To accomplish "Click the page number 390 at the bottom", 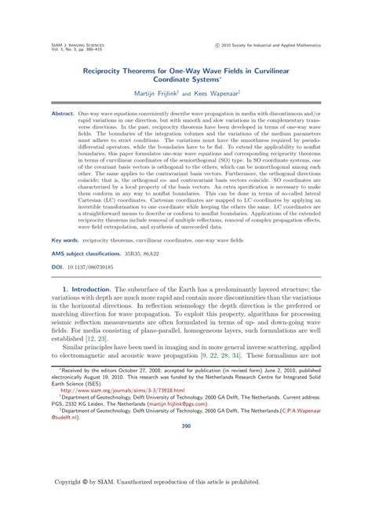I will [186, 427].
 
